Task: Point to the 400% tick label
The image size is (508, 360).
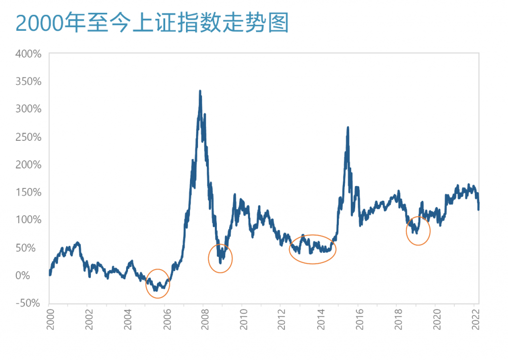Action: pyautogui.click(x=28, y=54)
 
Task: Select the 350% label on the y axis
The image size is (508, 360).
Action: pyautogui.click(x=28, y=81)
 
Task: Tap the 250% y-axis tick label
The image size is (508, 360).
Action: pyautogui.click(x=28, y=137)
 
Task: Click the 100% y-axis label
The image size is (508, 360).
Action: pyautogui.click(x=28, y=220)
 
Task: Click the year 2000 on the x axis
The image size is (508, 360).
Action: pyautogui.click(x=50, y=321)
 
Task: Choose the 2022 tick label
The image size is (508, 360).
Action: pyautogui.click(x=475, y=321)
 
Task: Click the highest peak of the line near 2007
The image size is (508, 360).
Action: pyautogui.click(x=200, y=91)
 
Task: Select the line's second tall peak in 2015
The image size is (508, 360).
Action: pyautogui.click(x=348, y=127)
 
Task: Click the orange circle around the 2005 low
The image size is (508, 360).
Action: pyautogui.click(x=158, y=284)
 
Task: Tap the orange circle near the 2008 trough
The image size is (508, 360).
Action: pyautogui.click(x=220, y=258)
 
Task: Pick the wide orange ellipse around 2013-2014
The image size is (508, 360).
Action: pyautogui.click(x=313, y=249)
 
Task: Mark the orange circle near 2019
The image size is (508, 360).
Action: pyautogui.click(x=418, y=231)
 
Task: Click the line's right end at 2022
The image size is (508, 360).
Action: pyautogui.click(x=479, y=209)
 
